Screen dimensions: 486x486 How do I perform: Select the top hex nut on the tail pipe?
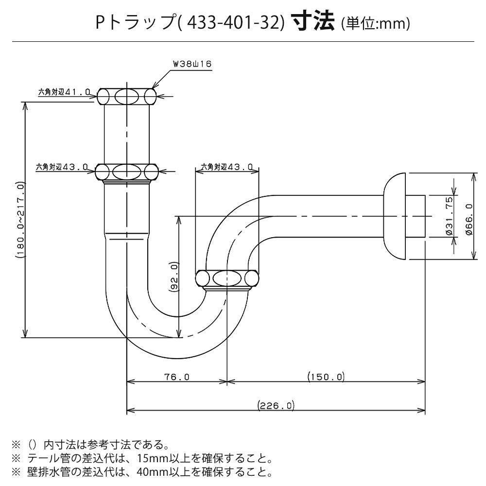[x=127, y=96]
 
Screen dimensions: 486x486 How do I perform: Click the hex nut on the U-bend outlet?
[x=226, y=279]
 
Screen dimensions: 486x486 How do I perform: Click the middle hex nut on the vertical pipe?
[x=127, y=172]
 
